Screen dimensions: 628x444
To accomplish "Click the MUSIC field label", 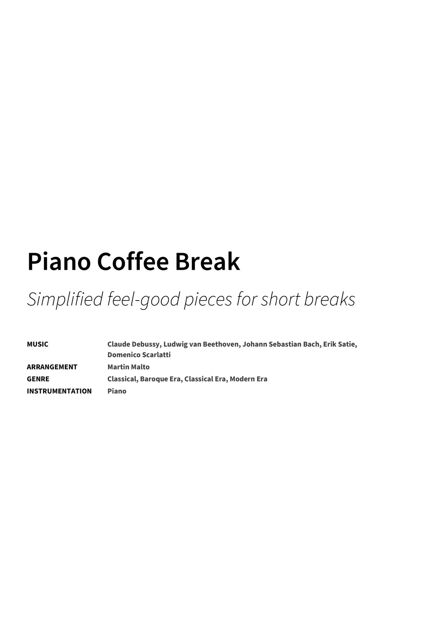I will pos(37,344).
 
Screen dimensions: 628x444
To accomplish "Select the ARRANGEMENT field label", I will pos(52,367).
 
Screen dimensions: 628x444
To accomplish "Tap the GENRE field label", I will pos(38,379).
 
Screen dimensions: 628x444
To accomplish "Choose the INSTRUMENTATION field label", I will pos(59,391).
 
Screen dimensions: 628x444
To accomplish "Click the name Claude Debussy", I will pos(134,344).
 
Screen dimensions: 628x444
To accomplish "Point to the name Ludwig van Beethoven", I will pos(201,344).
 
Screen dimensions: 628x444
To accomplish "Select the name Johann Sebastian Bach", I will pos(281,344).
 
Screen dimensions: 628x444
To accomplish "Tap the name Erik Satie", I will pos(339,344).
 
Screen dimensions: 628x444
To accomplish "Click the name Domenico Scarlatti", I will pos(139,355).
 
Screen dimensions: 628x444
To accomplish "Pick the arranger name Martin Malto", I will pos(128,367).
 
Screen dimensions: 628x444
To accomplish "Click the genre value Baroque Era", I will pos(160,379).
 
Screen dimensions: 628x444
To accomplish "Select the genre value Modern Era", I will pos(248,379).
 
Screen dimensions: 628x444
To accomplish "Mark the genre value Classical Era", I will pos(205,379).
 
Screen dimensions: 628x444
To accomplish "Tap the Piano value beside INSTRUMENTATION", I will pos(117,391).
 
